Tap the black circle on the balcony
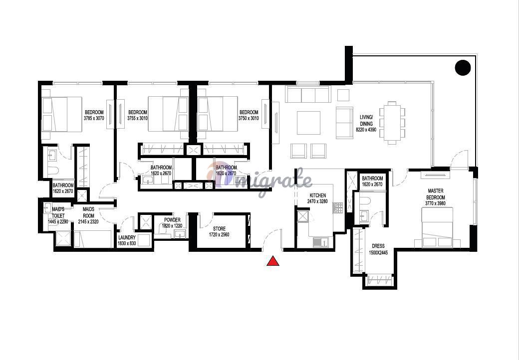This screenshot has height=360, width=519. pos(463,68)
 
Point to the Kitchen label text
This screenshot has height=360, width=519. pos(318,195)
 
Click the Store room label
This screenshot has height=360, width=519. pos(219,229)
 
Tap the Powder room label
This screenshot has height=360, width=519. pos(173,220)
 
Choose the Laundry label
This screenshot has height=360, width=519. pos(127,238)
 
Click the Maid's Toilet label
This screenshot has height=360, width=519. pos(58,212)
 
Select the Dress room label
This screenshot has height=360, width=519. pos(378,246)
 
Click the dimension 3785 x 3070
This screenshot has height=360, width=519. pos(94,118)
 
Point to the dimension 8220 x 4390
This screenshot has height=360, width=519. pos(366,130)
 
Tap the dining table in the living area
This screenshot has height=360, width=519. pos(392,123)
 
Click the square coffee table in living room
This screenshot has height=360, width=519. pos(308,123)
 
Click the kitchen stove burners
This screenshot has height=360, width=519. pos(338,207)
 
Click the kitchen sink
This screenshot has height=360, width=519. pos(320,242)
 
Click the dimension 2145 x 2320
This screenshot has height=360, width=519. pos(88,222)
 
